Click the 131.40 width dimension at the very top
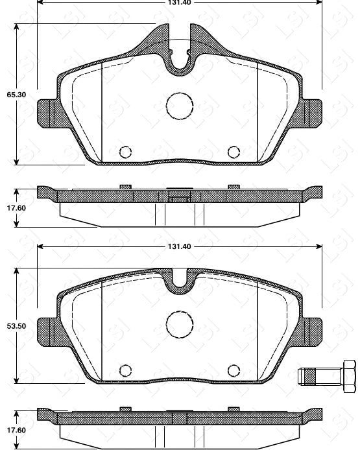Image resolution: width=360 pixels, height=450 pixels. click(179, 2)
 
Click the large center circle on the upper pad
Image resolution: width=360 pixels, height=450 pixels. click(179, 106)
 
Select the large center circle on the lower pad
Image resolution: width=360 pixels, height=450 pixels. click(179, 323)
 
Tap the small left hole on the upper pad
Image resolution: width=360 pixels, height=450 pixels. click(125, 152)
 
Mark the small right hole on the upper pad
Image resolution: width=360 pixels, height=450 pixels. click(234, 152)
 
